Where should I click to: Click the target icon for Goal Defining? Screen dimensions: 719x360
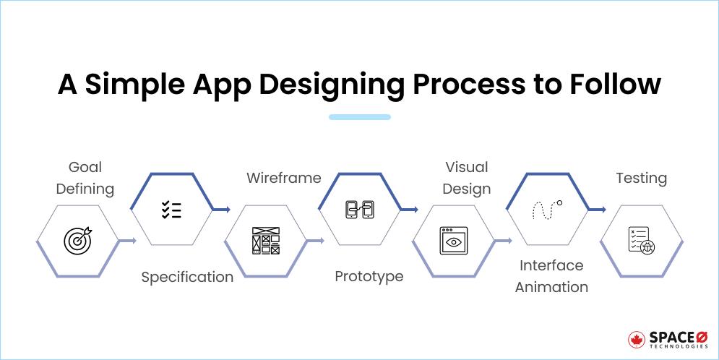coord(78,240)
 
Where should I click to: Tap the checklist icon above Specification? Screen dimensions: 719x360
coord(171,210)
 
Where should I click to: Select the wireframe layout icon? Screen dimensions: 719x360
coord(266,241)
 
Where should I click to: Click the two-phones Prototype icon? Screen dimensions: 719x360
coord(360,210)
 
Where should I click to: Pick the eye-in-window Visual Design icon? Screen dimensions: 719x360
coord(453,240)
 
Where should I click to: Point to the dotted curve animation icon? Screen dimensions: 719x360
coord(547,210)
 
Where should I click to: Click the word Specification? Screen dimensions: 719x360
coord(187,278)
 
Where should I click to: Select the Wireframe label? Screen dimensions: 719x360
coord(284,178)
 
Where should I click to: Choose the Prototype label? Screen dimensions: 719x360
coord(369,277)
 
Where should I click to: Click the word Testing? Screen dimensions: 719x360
coord(642,179)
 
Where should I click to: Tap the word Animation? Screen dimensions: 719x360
coord(551,287)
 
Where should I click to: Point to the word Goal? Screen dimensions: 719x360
coord(85,168)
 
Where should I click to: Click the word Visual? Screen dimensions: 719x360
coord(467,168)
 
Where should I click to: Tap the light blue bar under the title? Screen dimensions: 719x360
coord(360,117)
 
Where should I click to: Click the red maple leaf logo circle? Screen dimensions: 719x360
coord(637,340)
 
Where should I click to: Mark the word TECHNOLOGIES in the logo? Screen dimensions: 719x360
coord(679,347)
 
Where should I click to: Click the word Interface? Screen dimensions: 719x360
coord(551,265)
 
